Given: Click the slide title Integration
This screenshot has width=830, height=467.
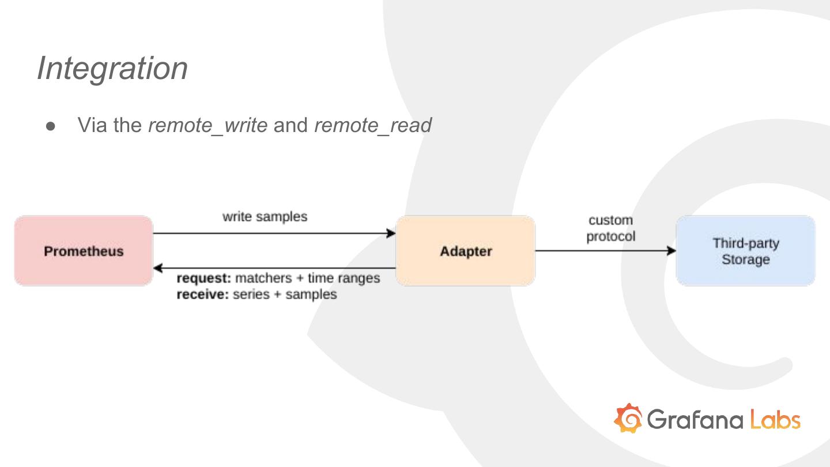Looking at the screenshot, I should (112, 68).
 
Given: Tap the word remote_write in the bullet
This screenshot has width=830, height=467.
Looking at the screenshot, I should (207, 125).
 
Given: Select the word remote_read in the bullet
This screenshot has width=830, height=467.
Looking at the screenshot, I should (372, 125).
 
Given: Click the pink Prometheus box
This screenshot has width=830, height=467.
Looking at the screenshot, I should (84, 251).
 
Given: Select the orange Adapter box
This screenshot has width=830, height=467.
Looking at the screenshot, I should (465, 251).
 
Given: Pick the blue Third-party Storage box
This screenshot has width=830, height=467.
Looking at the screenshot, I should (745, 251).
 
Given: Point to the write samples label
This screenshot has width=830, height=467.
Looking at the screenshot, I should (265, 217).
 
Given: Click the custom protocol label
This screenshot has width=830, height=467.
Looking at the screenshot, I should (610, 228).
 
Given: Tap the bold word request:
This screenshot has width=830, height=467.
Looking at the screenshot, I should (203, 278).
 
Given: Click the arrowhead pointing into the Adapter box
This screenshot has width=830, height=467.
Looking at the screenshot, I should (391, 233).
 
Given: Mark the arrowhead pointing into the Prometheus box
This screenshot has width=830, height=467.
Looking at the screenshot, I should (158, 268).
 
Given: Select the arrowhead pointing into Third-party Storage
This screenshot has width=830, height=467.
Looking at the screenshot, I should (671, 251).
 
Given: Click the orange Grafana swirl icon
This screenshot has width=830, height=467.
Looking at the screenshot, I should (628, 418).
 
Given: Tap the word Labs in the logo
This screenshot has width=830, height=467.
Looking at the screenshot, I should (775, 419).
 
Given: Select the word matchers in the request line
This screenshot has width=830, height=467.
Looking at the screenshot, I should (263, 278).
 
